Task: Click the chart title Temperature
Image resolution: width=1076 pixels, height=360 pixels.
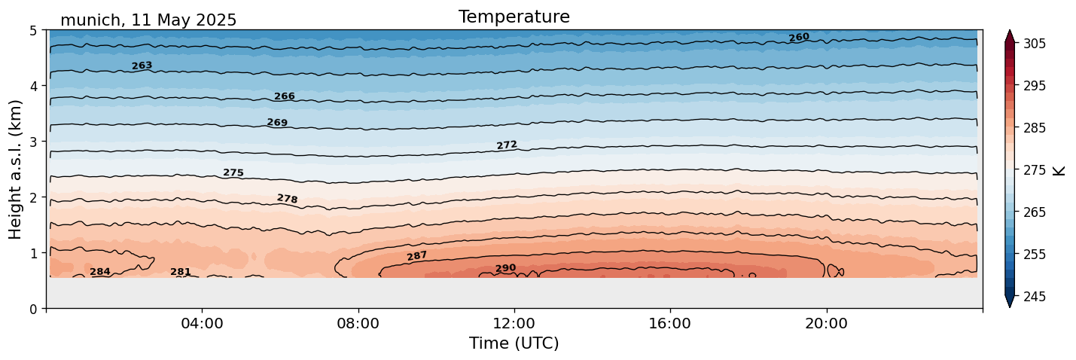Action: click(x=514, y=17)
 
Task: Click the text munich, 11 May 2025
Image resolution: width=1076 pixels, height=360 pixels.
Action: click(x=148, y=20)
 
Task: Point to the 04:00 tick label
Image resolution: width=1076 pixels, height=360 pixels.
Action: click(x=202, y=323)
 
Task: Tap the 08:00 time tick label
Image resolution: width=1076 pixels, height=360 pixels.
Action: click(x=358, y=323)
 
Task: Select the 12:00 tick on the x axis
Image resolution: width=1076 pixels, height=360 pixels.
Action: click(x=514, y=323)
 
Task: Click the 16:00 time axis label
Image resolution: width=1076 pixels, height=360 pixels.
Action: click(x=670, y=323)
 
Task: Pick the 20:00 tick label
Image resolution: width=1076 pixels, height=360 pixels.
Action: click(x=827, y=323)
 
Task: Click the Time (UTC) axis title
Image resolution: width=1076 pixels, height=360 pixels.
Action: click(x=514, y=343)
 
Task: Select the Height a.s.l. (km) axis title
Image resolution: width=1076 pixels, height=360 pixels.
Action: click(x=16, y=169)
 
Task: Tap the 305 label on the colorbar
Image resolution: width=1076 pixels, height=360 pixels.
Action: click(x=1033, y=44)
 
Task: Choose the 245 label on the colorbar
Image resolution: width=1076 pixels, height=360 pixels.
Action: click(x=1033, y=297)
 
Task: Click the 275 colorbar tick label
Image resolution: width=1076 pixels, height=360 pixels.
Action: click(x=1033, y=170)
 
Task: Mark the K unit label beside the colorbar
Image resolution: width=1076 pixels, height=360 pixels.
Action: click(x=1059, y=170)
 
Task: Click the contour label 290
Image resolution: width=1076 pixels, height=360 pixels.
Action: click(x=505, y=268)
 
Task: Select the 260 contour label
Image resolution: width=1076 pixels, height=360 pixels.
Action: click(x=799, y=37)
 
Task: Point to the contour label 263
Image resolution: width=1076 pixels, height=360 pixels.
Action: click(x=142, y=66)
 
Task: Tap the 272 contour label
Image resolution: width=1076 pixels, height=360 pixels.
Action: click(x=507, y=145)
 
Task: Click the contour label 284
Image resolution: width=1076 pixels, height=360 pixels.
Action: click(x=100, y=272)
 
